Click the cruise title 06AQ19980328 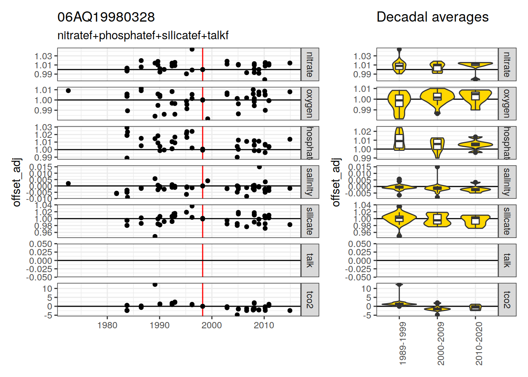point(106,17)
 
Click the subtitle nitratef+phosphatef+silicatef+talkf point(143,36)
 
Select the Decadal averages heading point(432,17)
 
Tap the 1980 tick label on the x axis point(107,326)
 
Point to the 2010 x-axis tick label point(264,326)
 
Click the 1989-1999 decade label point(402,344)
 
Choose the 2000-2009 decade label point(440,344)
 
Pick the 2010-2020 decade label point(478,344)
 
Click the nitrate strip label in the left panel point(310,64)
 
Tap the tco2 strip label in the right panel point(507,300)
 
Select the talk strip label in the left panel point(310,260)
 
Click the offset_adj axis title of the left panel point(16,182)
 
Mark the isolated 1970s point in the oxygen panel point(68,91)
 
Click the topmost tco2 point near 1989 point(155,284)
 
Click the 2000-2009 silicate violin point(437,219)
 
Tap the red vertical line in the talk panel point(203,260)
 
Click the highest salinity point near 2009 point(259,167)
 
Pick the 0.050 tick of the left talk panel point(40,244)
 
